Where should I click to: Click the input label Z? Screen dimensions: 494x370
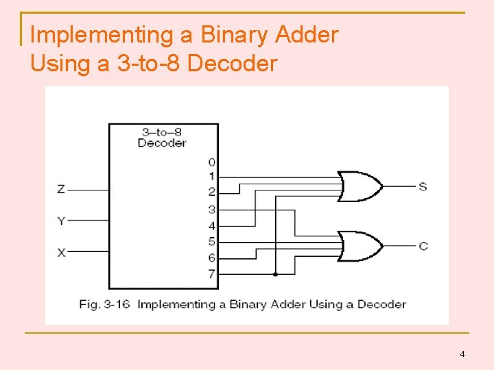point(61,189)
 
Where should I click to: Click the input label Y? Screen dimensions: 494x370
point(61,221)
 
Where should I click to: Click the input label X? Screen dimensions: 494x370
point(61,252)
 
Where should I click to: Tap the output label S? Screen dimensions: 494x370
point(423,186)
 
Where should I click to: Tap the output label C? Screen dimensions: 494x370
point(423,245)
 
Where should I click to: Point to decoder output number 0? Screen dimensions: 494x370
point(211,162)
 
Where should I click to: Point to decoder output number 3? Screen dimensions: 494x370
point(211,210)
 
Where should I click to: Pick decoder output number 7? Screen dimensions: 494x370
point(211,274)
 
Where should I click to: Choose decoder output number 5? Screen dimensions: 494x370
point(211,242)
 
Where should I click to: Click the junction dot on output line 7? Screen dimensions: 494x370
point(275,274)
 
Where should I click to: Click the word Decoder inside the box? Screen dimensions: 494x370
point(162,143)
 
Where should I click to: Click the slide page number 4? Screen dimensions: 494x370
point(462,354)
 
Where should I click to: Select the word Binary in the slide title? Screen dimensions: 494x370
point(232,34)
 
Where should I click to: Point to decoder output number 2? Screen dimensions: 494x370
point(211,193)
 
